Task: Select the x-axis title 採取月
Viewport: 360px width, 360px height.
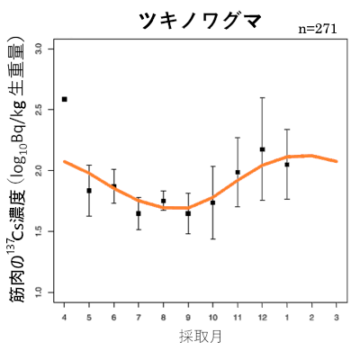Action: point(200,337)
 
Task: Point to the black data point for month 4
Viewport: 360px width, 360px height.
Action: point(65,99)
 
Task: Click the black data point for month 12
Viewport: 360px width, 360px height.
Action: point(262,149)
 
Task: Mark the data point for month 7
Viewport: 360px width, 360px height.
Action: point(139,213)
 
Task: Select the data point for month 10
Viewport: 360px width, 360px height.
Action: point(212,202)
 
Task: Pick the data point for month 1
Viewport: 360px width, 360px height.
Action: point(287,165)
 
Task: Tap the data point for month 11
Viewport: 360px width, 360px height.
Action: point(238,172)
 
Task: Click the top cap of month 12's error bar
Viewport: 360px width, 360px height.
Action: point(262,97)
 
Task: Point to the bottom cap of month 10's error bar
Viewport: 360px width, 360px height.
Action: point(212,238)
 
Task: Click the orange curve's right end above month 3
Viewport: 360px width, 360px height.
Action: point(336,161)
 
